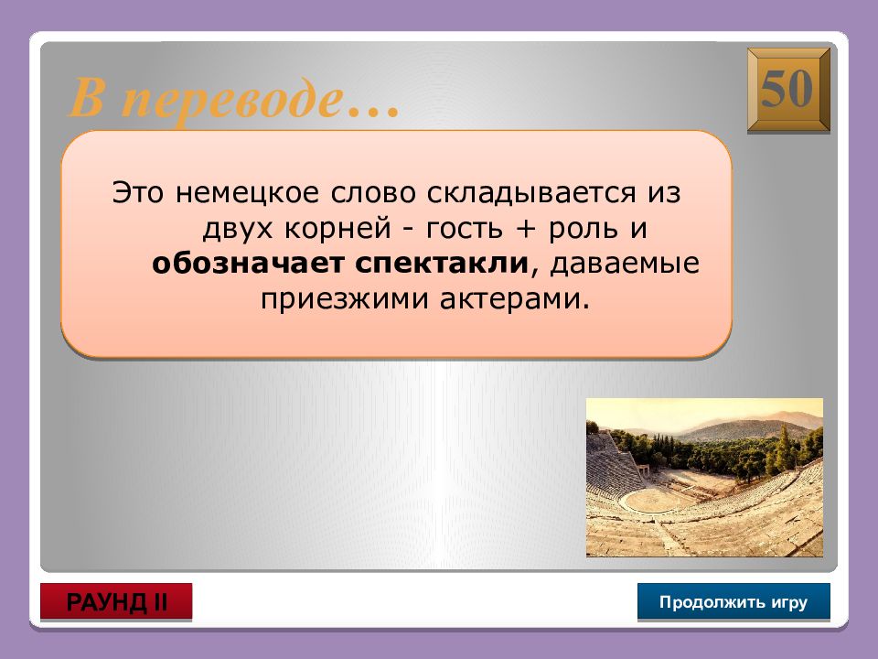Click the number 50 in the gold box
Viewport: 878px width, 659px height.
tap(787, 89)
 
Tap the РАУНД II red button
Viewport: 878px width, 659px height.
tap(116, 602)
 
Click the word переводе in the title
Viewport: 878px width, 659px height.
tap(230, 100)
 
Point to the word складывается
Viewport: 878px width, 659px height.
tap(531, 193)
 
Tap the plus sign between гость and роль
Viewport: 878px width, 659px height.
tap(525, 229)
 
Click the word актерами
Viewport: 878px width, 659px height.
tap(515, 299)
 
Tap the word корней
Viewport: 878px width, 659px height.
tap(337, 228)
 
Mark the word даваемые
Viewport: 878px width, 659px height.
tap(625, 264)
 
